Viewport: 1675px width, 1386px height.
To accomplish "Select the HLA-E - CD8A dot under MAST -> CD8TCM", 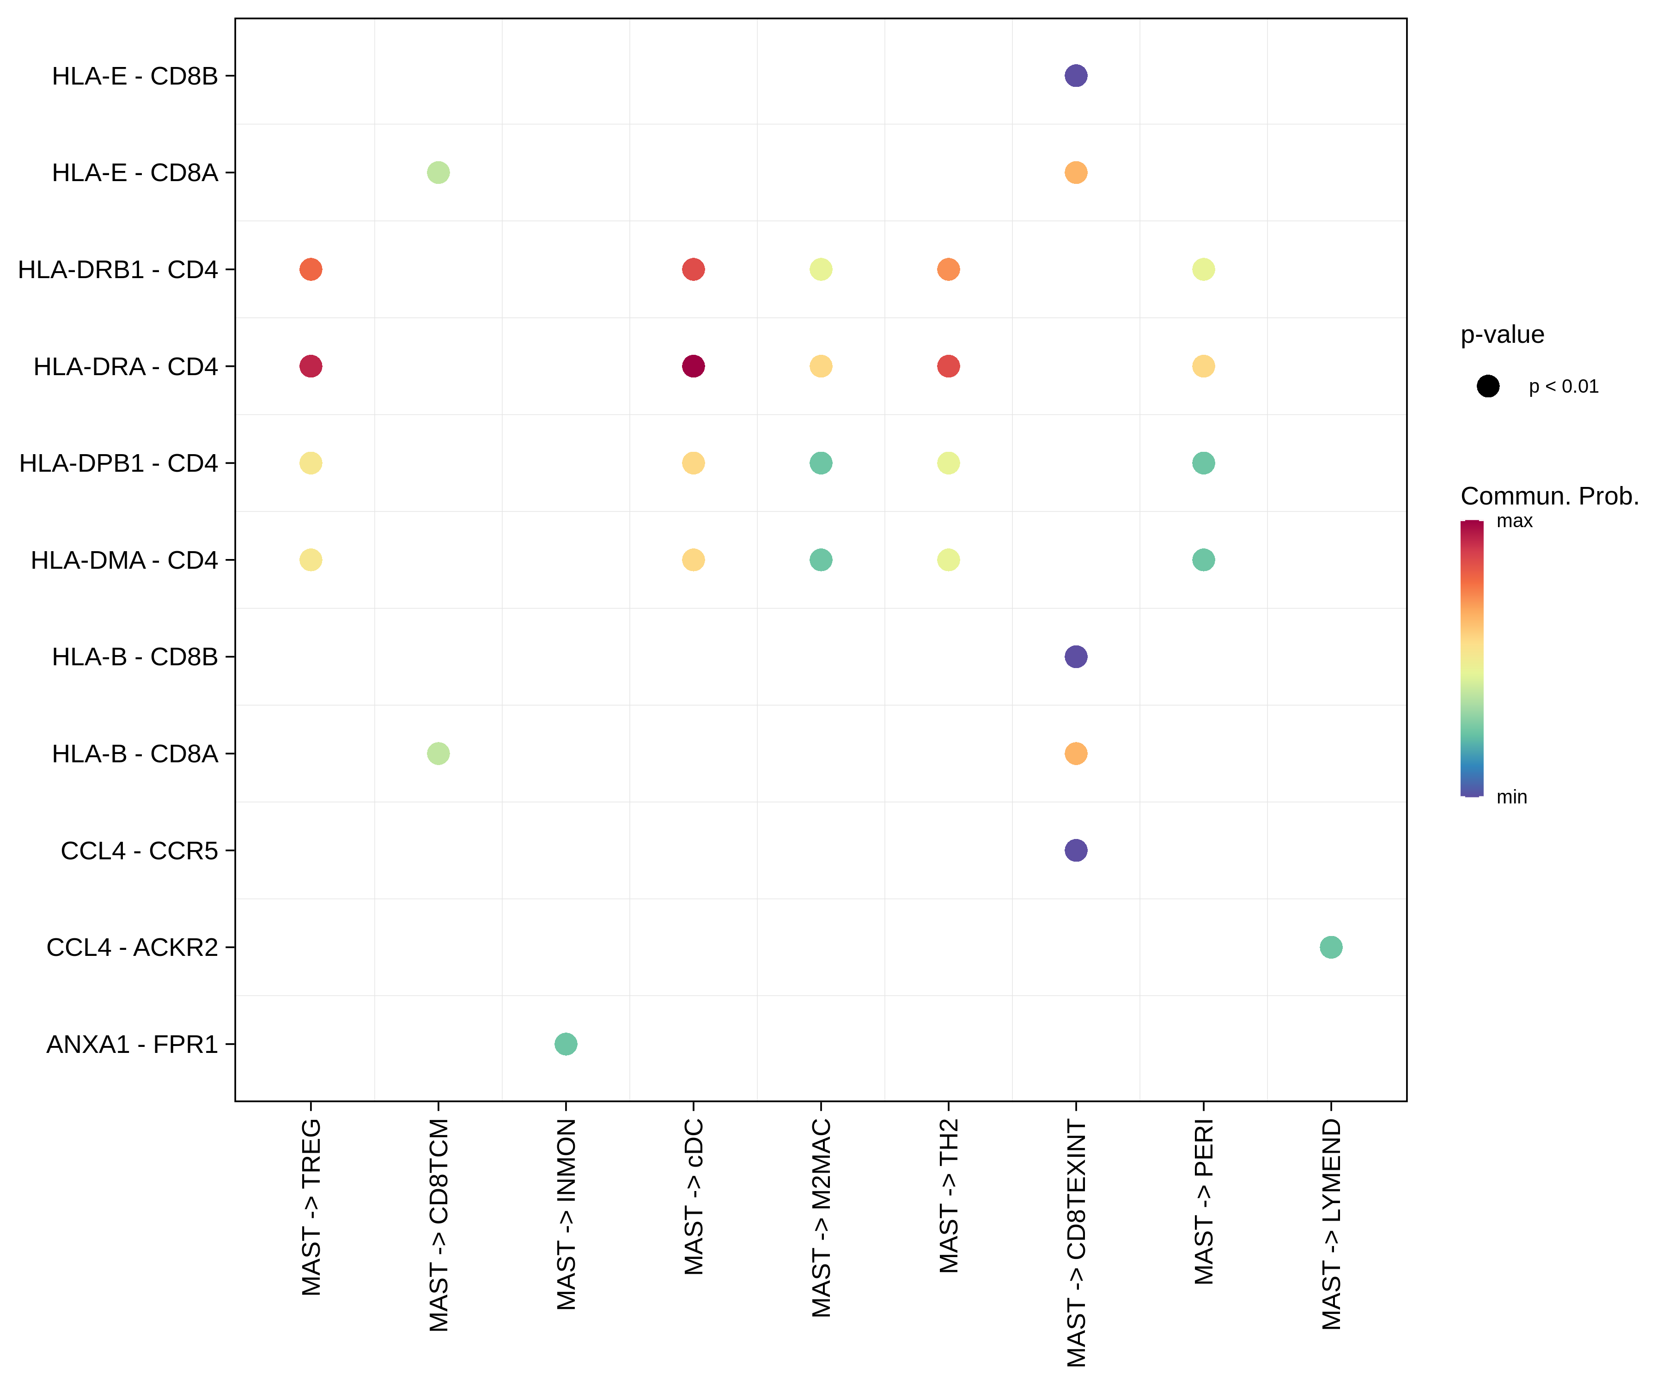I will point(438,172).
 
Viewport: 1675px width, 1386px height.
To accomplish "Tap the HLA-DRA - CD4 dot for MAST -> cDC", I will point(693,366).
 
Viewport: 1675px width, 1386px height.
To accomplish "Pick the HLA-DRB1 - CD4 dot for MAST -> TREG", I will point(310,269).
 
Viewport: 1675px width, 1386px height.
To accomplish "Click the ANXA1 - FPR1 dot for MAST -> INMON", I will point(566,1043).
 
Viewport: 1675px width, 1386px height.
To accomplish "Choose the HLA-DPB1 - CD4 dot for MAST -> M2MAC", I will point(821,462).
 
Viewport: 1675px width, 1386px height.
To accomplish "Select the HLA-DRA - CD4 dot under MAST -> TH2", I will point(948,366).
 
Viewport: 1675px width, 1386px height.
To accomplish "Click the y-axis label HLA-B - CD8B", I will point(135,657).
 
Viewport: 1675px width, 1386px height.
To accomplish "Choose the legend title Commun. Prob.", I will point(1549,496).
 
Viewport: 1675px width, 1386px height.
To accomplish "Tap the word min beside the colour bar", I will point(1511,796).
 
